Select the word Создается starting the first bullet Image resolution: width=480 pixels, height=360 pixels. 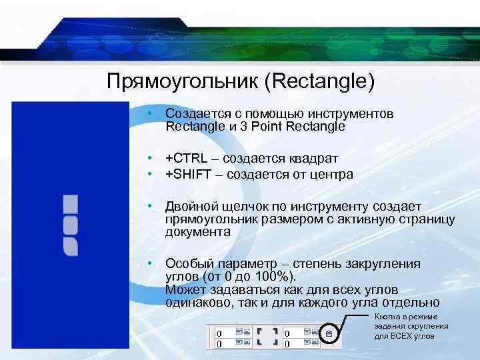point(194,114)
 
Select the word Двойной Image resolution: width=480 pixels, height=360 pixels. point(189,207)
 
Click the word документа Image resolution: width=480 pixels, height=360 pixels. point(198,232)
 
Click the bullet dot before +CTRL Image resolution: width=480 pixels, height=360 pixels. point(151,158)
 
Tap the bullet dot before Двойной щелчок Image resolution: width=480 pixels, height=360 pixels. point(151,207)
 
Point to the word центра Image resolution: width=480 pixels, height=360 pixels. point(332,174)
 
